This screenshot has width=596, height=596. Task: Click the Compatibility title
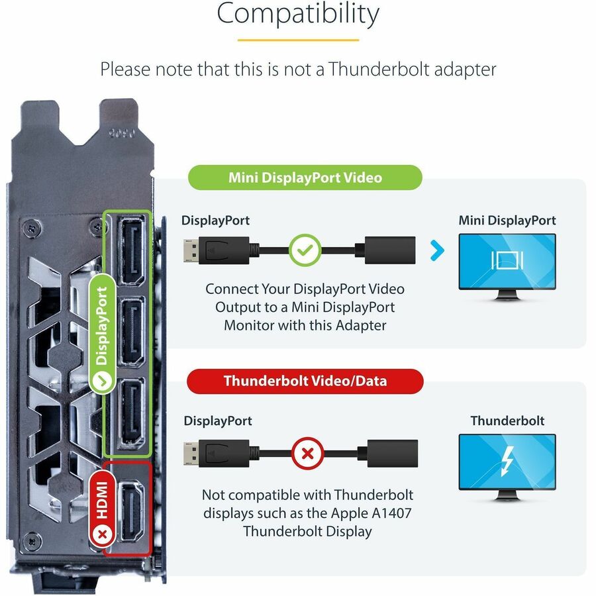tap(298, 14)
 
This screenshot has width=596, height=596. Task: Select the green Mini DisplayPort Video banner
tap(305, 177)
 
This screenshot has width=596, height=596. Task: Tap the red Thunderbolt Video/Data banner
tap(305, 381)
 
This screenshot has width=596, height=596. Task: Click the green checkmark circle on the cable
tap(305, 250)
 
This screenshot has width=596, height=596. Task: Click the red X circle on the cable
tap(307, 454)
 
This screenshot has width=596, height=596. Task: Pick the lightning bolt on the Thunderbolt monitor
tap(507, 461)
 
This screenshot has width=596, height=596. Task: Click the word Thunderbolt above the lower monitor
tap(507, 421)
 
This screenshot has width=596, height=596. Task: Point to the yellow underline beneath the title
tap(298, 40)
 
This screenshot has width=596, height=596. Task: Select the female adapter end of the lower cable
tap(391, 454)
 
